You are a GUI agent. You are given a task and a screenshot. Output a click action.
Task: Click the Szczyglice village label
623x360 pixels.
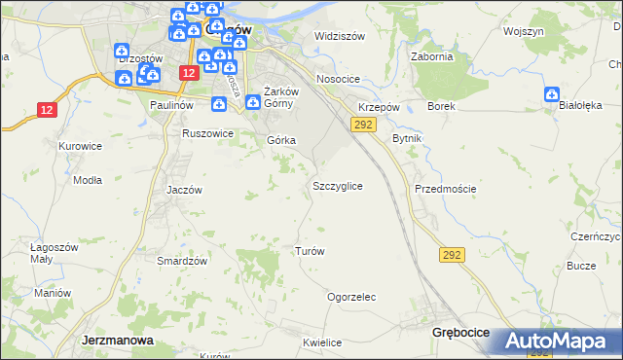[338, 185]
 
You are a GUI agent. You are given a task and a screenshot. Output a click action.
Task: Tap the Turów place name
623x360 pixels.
[309, 251]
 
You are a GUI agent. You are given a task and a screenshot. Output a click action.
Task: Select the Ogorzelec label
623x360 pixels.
[351, 297]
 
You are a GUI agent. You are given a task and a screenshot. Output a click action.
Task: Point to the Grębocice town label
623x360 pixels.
[459, 333]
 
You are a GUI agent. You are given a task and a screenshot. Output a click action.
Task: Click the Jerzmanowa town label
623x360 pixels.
[114, 341]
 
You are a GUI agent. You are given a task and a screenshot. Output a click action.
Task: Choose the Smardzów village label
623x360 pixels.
[182, 261]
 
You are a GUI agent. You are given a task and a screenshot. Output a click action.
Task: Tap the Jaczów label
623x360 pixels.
[184, 190]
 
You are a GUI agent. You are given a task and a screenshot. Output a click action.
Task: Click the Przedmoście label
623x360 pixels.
[445, 189]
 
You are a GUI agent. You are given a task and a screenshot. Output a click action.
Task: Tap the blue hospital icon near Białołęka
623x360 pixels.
[552, 95]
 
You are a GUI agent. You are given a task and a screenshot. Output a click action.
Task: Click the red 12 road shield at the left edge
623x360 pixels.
[47, 109]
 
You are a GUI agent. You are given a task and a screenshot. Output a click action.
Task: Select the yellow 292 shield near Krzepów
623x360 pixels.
[364, 125]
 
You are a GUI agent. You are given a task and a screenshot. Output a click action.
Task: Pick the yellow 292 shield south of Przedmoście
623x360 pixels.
[452, 255]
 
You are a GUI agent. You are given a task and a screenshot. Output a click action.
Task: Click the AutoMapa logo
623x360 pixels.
[557, 342]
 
